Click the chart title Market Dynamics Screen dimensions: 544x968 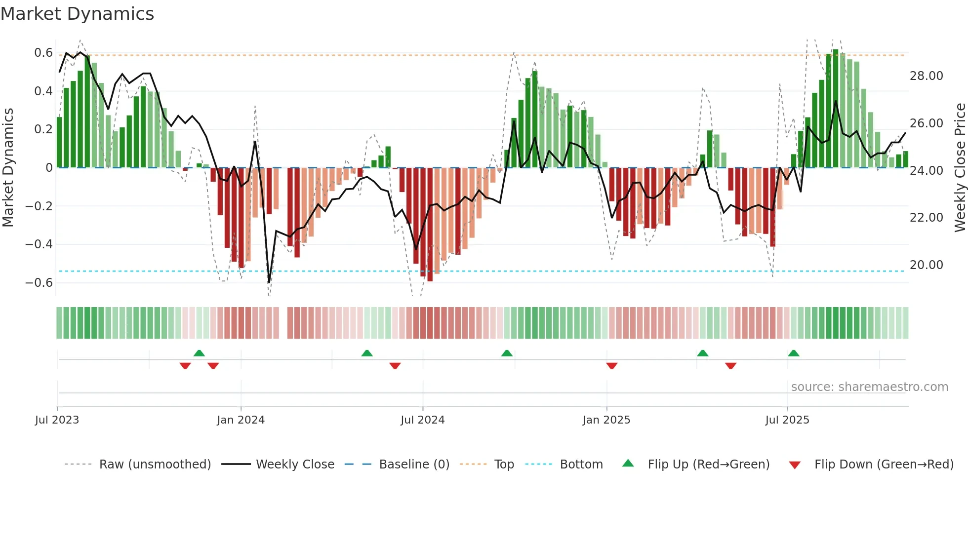point(77,14)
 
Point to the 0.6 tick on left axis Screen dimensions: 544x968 point(43,53)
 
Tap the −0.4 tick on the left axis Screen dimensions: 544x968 point(39,244)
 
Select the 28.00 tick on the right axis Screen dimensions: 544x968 point(926,76)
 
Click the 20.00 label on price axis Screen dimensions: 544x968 point(926,265)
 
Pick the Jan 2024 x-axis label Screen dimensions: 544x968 point(241,420)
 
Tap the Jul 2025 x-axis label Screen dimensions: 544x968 point(787,420)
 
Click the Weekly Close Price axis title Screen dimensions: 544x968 point(960,168)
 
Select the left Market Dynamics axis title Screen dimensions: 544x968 point(8,168)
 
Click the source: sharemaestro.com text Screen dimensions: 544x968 point(869,387)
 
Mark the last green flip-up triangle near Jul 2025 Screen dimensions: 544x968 point(794,353)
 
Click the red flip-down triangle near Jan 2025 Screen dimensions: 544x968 point(612,366)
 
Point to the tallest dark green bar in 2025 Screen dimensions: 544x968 point(835,109)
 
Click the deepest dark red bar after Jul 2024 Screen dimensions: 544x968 point(430,225)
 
